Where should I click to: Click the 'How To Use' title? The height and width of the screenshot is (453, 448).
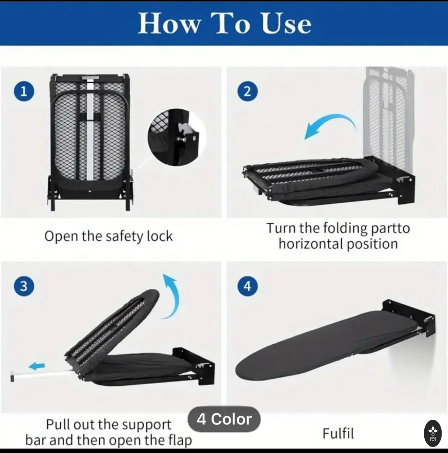point(225,23)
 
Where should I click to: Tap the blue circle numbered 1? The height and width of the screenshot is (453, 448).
point(24,91)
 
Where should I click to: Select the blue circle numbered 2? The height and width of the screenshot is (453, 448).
point(247,91)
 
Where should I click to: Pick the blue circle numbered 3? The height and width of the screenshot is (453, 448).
point(24,286)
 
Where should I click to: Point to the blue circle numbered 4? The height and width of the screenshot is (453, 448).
point(247,286)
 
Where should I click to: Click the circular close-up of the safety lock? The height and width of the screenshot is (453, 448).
point(177,137)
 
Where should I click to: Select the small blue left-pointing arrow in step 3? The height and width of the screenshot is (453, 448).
point(37,366)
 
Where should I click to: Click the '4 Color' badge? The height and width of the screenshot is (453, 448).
point(224,419)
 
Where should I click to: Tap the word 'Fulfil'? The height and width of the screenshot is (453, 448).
point(338,433)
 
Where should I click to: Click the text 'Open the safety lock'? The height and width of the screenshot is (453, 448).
point(109,236)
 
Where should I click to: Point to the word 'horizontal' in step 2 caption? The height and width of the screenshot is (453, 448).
point(310,244)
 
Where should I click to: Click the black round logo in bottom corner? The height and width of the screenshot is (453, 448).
point(433,433)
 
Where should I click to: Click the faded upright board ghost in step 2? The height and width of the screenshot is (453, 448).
point(389,113)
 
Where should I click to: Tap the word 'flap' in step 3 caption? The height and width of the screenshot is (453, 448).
point(180,440)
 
